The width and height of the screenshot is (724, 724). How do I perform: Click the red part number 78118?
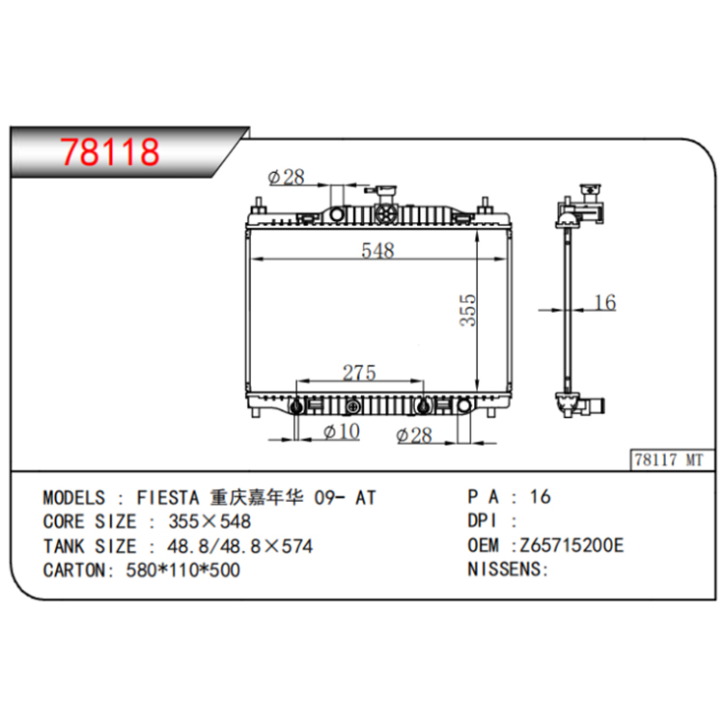tap(110, 152)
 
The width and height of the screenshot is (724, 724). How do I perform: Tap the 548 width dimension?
tap(377, 250)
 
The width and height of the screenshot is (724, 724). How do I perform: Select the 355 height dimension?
tap(468, 310)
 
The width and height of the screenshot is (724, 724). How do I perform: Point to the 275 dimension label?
tap(359, 373)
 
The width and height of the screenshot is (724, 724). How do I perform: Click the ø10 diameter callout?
tap(342, 432)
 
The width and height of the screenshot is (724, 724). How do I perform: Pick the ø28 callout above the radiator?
tap(286, 177)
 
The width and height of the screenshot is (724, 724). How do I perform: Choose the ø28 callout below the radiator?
tap(414, 435)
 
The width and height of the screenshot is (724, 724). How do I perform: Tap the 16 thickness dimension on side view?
tap(605, 302)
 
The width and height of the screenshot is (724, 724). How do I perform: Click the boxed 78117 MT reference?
tap(669, 459)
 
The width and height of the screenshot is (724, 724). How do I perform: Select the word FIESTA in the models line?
tap(168, 498)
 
